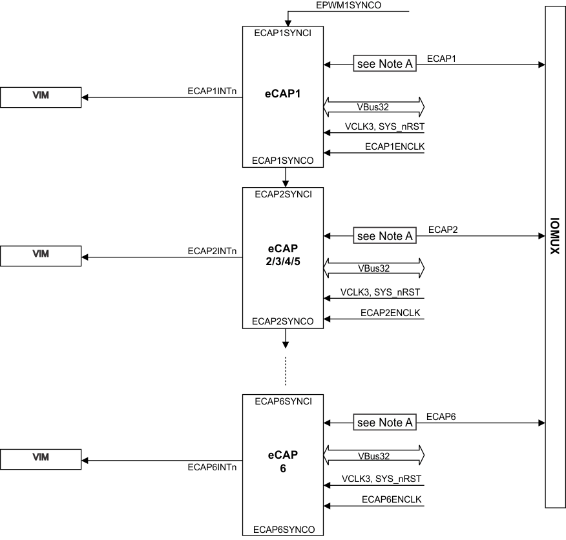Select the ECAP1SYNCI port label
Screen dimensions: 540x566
tap(284, 33)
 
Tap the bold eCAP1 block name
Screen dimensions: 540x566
tap(284, 94)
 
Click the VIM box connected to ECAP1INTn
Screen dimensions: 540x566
tap(41, 97)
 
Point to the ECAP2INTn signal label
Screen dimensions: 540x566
tap(212, 251)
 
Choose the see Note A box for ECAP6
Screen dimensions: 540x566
tap(384, 423)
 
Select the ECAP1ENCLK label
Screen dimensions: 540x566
tap(395, 146)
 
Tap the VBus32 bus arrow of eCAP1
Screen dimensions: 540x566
tap(373, 106)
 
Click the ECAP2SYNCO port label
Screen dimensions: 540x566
tap(284, 321)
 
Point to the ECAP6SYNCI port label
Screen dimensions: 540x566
tap(284, 401)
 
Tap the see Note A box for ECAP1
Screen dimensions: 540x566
tap(384, 64)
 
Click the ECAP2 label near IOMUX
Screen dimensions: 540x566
tap(443, 230)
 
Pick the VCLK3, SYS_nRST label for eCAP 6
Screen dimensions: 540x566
tap(381, 479)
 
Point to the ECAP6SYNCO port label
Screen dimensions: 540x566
tap(284, 529)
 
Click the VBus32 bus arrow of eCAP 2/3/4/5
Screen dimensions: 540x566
tap(373, 267)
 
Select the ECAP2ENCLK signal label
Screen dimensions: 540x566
tap(392, 312)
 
